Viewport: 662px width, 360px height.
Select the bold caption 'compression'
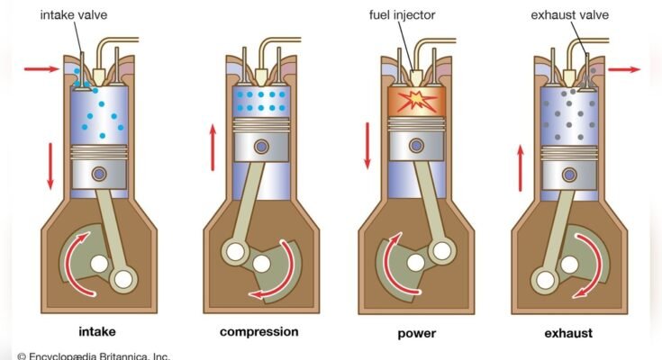click(258, 332)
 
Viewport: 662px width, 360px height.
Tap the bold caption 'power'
click(417, 333)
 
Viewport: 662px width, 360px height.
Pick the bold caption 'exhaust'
click(568, 333)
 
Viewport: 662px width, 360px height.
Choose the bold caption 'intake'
click(97, 332)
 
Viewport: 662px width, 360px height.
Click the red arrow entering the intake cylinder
click(41, 67)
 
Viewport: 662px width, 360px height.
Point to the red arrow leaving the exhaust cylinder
click(623, 67)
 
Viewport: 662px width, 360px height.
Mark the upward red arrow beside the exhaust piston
click(520, 167)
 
